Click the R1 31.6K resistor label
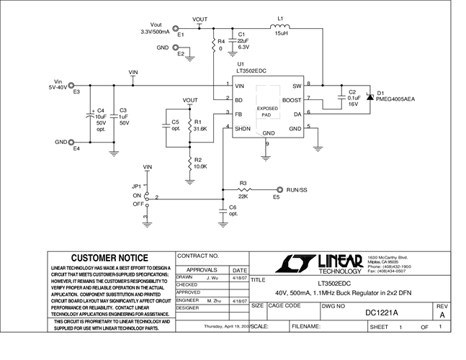click(200, 125)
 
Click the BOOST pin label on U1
click(291, 100)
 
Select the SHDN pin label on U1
click(243, 127)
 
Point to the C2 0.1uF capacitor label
click(354, 98)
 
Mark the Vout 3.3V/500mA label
click(155, 28)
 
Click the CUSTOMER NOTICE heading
click(109, 258)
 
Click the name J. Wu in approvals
click(212, 277)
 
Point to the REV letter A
click(442, 314)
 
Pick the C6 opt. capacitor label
click(232, 210)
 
